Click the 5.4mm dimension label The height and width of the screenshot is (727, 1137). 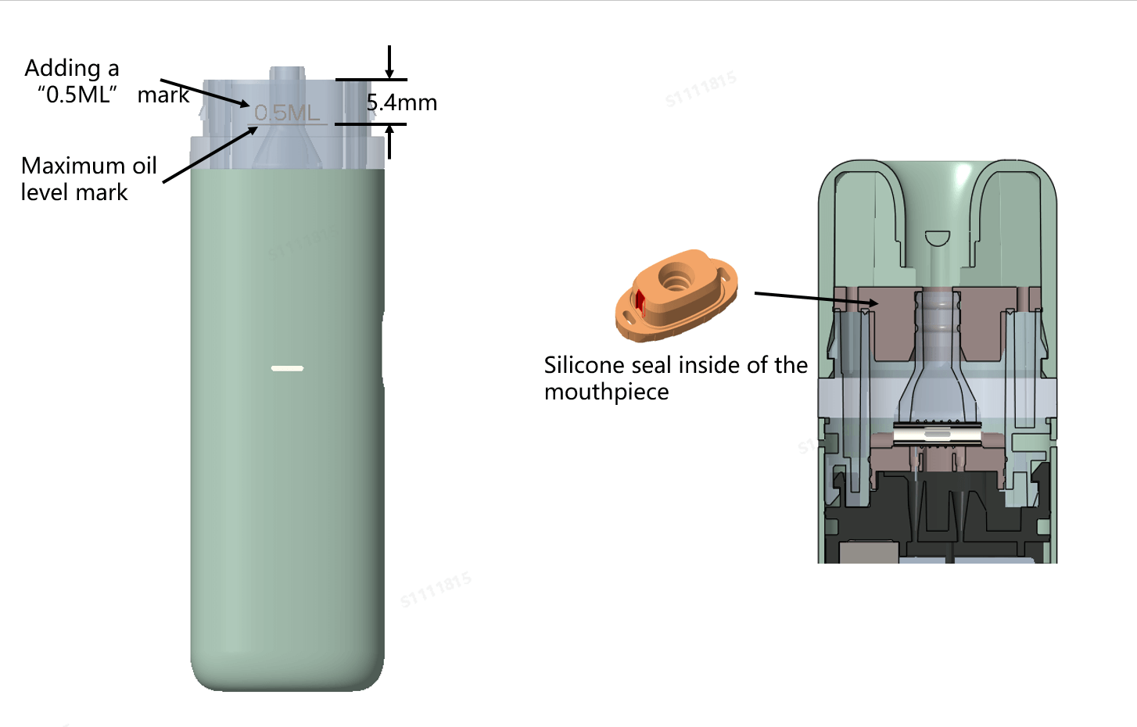click(401, 102)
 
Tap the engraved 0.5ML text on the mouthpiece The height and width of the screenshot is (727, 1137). click(287, 113)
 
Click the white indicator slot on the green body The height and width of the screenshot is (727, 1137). click(287, 367)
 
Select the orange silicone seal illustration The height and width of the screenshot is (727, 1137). click(676, 295)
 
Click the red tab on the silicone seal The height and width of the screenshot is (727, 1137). click(640, 301)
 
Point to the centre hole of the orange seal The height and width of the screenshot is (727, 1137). click(676, 276)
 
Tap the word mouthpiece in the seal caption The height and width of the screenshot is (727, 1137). click(606, 392)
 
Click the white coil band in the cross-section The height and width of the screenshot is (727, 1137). click(936, 432)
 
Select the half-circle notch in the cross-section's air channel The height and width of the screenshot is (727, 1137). click(937, 238)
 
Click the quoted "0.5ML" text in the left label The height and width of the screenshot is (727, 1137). click(77, 95)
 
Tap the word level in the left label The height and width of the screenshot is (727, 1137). click(43, 192)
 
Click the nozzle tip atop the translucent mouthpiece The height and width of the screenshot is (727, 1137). click(287, 73)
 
